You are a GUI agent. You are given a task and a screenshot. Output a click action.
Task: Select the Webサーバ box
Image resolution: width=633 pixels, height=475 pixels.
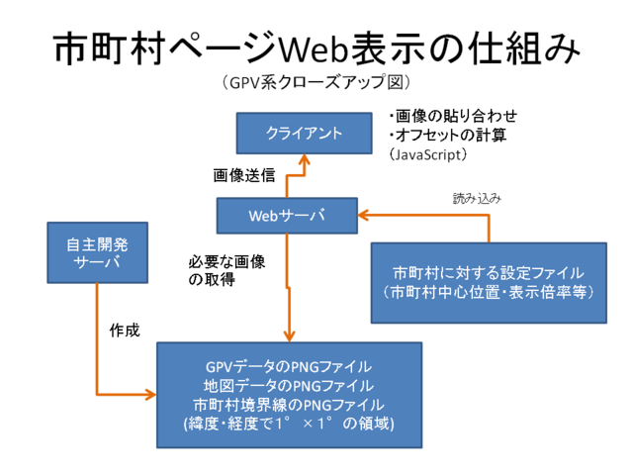(287, 214)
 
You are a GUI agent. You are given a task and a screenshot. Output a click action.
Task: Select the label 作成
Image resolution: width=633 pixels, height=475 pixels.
(125, 331)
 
